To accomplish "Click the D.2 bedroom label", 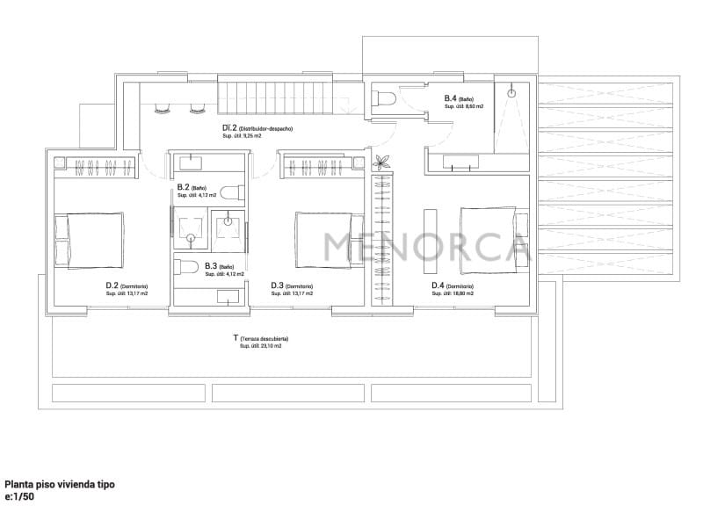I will click(127, 285).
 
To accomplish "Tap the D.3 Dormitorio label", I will click(292, 285).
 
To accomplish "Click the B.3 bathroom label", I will click(219, 266).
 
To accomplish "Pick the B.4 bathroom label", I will click(463, 98).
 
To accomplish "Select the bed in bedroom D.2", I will click(90, 240).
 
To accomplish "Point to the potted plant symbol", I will click(381, 162).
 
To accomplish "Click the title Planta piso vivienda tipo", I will click(60, 484).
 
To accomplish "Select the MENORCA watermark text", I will click(426, 247).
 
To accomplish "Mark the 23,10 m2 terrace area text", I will click(261, 346).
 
